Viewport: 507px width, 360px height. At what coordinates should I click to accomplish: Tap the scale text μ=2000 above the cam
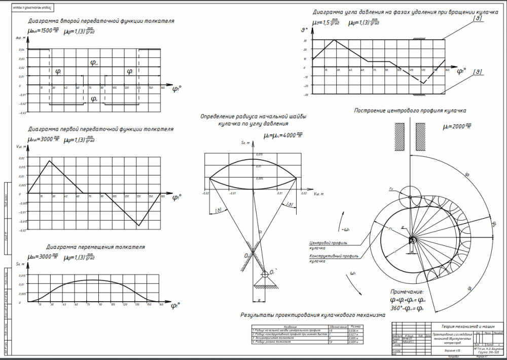(457, 126)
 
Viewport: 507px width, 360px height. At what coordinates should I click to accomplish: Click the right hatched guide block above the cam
(421, 136)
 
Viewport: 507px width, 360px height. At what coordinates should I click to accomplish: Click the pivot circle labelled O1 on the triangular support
(264, 274)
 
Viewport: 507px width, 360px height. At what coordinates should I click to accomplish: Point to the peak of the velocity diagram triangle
(49, 161)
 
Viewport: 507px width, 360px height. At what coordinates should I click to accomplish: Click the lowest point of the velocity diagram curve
(138, 225)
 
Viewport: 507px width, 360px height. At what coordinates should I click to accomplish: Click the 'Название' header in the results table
(291, 327)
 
